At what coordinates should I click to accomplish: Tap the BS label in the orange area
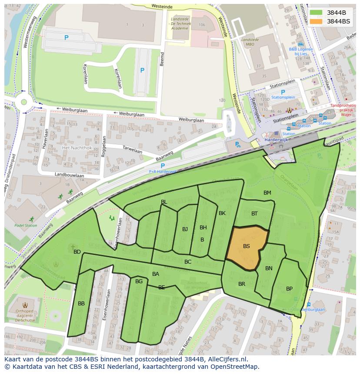pos(247,246)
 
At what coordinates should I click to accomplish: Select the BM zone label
pos(267,192)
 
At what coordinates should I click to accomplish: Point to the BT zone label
pos(254,213)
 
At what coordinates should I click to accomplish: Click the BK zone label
pos(222,213)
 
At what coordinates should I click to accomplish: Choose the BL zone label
pos(164,202)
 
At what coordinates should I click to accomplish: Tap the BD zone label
pos(77,252)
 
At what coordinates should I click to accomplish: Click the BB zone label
pos(81,303)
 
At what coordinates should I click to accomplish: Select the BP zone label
pos(289,288)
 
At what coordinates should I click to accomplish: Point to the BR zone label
pos(242,284)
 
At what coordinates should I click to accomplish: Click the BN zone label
pos(269,268)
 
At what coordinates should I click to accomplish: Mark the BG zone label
pos(139,281)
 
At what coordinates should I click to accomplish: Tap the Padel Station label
pos(26,225)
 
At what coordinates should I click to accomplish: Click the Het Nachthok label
pos(77,148)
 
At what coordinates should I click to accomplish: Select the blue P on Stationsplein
pos(283,92)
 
